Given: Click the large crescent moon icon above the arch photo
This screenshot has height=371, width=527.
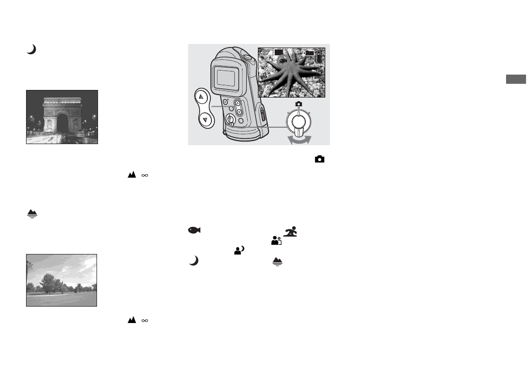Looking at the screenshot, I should pos(32,50).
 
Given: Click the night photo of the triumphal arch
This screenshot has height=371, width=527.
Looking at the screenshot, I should pos(62,117).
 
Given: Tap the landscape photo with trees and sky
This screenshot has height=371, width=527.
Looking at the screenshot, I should pos(61,280).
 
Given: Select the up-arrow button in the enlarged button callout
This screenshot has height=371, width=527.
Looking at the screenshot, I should pos(203,96).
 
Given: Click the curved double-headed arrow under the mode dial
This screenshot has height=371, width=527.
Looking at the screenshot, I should pos(298,140).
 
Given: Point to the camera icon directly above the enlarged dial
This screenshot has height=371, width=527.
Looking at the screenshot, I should pos(298,104).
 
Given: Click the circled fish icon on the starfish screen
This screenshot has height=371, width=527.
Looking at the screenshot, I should pos(282,60).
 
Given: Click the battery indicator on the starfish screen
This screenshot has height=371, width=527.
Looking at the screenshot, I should pos(319,57).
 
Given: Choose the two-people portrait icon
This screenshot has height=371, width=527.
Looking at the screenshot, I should pos(276,240).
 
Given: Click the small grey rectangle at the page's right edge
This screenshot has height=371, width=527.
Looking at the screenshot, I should pos(516,79).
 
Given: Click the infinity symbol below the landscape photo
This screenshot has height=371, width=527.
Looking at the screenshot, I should pos(145,320).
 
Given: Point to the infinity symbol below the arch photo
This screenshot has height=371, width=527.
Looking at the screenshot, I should pos(145,175).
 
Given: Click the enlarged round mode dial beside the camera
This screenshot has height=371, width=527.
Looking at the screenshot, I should pos(298,123).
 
